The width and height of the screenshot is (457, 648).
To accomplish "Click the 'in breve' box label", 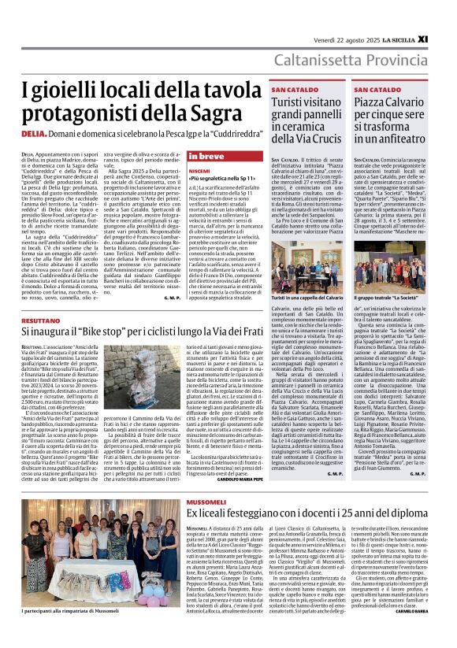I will click(x=206, y=156).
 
